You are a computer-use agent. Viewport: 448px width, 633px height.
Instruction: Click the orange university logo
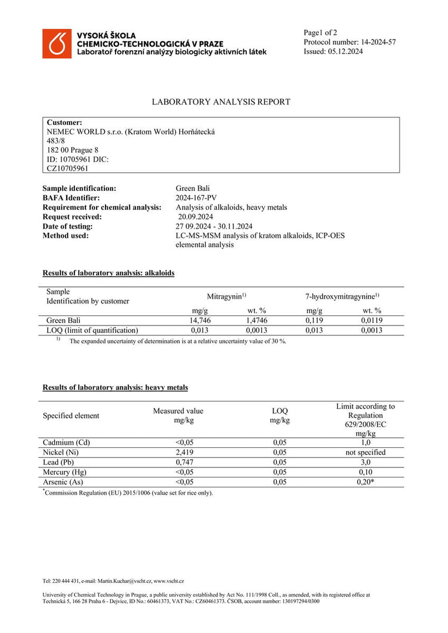tap(57, 44)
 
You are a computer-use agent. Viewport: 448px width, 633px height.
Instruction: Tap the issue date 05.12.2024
tap(345, 51)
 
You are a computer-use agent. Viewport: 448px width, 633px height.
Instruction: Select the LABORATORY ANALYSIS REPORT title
tap(221, 102)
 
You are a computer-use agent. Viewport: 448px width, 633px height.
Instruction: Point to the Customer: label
tap(64, 122)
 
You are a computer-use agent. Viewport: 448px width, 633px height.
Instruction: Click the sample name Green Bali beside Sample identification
tap(189, 188)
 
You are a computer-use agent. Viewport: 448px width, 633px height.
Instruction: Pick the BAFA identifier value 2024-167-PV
tap(196, 197)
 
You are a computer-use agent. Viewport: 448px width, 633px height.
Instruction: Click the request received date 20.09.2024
tap(196, 216)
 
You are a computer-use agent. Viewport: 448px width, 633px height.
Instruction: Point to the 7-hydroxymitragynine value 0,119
tap(314, 320)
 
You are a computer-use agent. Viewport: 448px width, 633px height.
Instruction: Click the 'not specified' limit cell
tap(365, 452)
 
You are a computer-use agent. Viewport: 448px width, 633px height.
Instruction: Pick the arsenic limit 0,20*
tap(365, 482)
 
